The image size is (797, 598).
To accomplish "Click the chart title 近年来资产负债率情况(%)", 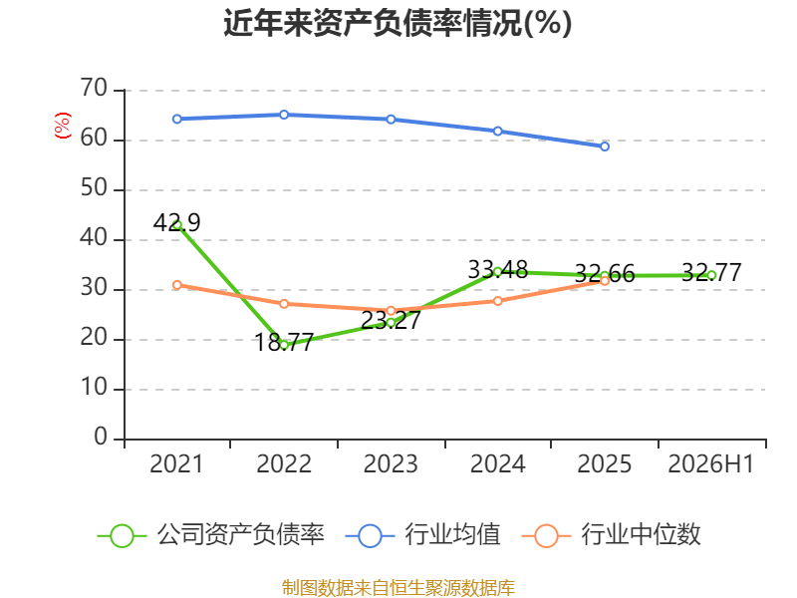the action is pos(398,23).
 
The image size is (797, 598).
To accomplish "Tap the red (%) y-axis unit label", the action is pos(63,126).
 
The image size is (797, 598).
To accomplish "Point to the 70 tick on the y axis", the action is pos(94,89).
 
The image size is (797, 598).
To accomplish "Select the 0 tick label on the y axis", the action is pos(101,437).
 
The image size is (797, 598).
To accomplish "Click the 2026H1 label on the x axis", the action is pos(711,464).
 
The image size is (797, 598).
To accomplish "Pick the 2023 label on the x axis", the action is pos(391,464).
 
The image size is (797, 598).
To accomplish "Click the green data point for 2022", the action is pos(284,345).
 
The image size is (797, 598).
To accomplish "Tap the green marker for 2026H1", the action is pos(711,276).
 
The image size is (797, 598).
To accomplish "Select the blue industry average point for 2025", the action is pos(605,147).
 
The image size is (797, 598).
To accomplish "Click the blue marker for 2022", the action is pos(284,115).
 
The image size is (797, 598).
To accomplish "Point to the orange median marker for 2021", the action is pos(177,285).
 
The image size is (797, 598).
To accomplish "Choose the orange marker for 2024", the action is pos(497,301).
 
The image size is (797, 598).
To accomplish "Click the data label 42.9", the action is pos(177,222).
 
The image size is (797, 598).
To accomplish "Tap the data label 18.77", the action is pos(284,342).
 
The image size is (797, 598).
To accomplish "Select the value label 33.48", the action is pos(498,269).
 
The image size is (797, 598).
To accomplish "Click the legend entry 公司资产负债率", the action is pos(211,535).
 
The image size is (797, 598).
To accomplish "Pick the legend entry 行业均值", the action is pos(422,535).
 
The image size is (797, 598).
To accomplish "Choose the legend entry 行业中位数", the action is pos(612,535).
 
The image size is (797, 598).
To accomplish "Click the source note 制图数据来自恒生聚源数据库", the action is pos(398,588).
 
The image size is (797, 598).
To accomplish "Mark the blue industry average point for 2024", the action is pos(497,132).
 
